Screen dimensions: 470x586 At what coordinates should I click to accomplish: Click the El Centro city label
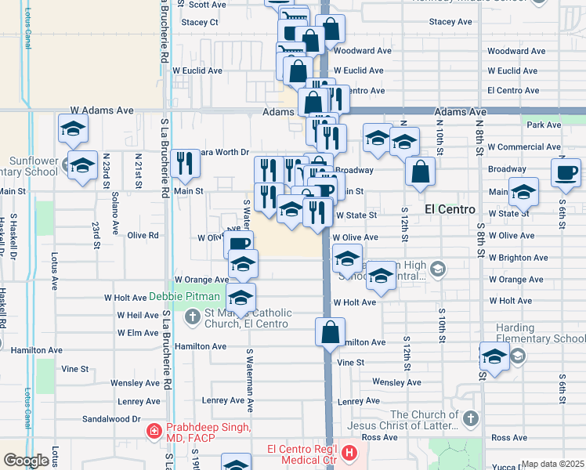[450, 209]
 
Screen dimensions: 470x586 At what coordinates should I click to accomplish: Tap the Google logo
[26, 461]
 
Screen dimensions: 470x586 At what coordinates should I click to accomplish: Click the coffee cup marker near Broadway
[565, 172]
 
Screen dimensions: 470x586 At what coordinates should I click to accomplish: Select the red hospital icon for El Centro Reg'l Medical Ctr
[349, 454]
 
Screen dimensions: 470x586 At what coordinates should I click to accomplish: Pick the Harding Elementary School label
[540, 333]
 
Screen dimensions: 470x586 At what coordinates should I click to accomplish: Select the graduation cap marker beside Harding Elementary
[495, 356]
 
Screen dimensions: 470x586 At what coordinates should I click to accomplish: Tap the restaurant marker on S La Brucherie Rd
[186, 164]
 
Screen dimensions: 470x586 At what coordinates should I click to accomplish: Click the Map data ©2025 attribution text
[553, 464]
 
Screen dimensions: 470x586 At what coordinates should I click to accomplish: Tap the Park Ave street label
[544, 125]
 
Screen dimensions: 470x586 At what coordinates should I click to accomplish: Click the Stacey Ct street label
[200, 22]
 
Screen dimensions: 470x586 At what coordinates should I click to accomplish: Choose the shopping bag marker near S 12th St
[421, 173]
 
